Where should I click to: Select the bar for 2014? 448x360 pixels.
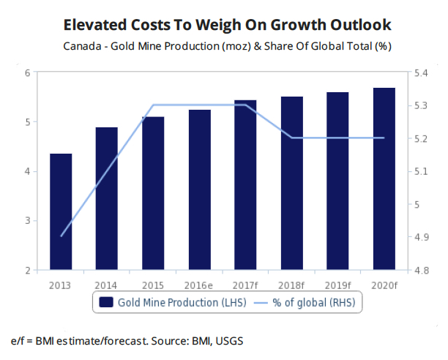(107, 199)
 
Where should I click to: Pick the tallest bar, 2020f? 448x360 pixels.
(384, 179)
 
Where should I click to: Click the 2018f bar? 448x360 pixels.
(292, 184)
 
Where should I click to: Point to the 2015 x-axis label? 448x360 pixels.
(153, 284)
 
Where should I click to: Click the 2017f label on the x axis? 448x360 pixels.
(246, 284)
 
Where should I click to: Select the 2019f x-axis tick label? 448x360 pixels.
(338, 284)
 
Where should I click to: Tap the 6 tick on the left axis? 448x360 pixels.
(26, 73)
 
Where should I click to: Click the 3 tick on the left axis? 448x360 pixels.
(26, 221)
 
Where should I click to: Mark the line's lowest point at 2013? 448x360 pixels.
(61, 236)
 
